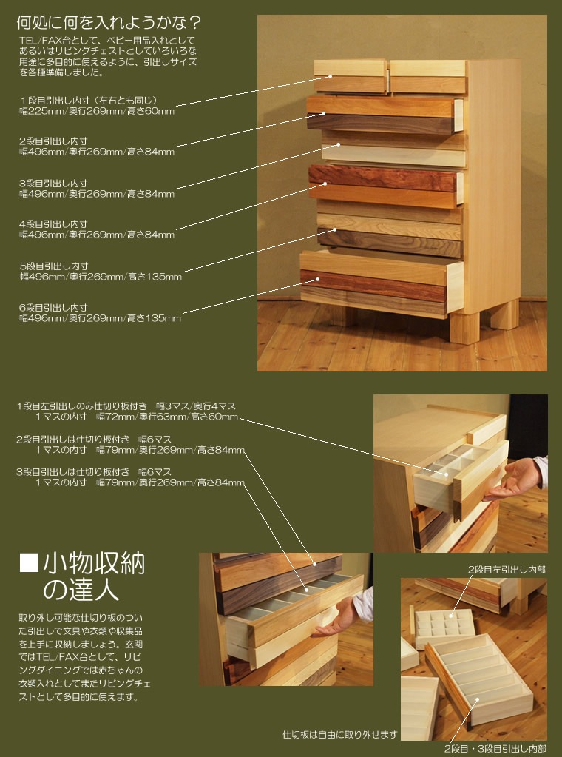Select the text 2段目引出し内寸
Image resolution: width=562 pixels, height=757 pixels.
(54, 141)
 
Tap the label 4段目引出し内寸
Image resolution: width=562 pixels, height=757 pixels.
(54, 223)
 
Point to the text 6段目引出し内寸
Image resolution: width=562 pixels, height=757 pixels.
(54, 307)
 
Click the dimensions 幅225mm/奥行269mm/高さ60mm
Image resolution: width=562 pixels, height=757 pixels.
(97, 111)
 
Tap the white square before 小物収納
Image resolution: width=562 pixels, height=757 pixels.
(28, 564)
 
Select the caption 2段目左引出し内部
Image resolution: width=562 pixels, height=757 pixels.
(505, 570)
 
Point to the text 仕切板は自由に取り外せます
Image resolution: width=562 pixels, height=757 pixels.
(340, 735)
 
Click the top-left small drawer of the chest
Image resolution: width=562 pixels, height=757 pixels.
(351, 77)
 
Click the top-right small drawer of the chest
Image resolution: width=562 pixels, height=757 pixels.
(427, 76)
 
